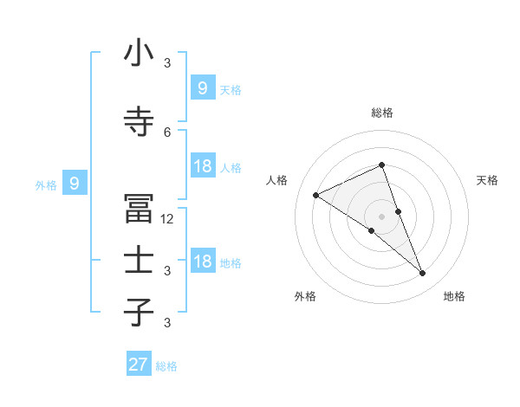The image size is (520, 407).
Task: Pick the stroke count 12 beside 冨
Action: point(167,219)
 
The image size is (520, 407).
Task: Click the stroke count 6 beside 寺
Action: point(167,132)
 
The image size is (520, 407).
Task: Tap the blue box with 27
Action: point(139,365)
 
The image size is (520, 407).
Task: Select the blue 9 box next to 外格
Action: point(75,184)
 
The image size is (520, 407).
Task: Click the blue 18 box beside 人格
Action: point(202,166)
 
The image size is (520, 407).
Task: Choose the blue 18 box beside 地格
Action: point(202,262)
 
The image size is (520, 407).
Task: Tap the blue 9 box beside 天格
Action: point(202,87)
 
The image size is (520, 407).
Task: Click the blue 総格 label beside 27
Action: point(166,366)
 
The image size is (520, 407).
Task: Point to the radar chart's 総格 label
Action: point(382,113)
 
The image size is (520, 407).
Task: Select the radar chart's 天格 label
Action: point(488,180)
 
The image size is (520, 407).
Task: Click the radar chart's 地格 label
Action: point(454,297)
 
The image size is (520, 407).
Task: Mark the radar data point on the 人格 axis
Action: point(316,195)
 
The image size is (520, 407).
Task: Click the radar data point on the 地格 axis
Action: point(423,274)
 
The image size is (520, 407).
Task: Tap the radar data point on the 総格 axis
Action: point(382,165)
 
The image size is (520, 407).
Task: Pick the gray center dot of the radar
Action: point(382,216)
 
